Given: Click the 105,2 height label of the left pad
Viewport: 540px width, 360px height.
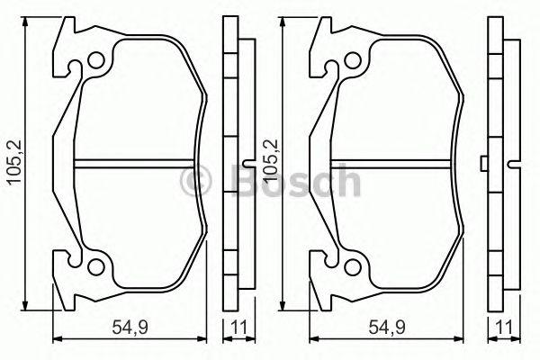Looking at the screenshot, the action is (x=15, y=163).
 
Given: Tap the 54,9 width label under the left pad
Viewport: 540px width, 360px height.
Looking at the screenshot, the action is (x=130, y=327).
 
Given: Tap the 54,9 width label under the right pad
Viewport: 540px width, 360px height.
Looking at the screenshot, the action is (x=387, y=327).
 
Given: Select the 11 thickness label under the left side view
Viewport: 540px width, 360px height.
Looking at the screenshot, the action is (x=239, y=327).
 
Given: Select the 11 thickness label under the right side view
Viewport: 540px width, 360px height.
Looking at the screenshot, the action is (x=505, y=327).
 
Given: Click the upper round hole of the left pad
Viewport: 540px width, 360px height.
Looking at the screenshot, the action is (x=95, y=60).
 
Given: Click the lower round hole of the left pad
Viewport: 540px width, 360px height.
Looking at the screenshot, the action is (x=95, y=266).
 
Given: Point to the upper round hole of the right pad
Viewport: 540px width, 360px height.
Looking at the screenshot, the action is (x=352, y=60).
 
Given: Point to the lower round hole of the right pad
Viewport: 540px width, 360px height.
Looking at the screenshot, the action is (x=352, y=266).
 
